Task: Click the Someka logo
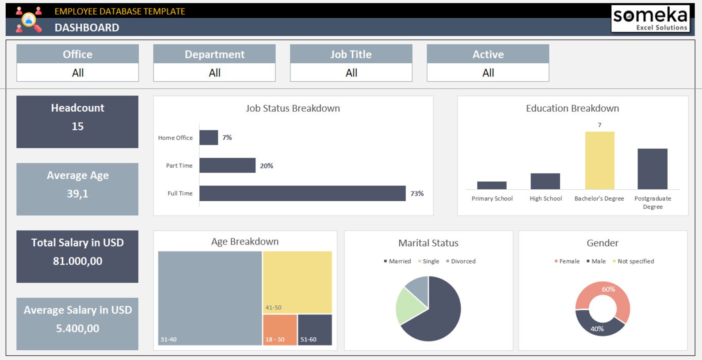coord(650,18)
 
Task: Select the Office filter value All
coord(78,73)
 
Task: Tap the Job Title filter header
coord(351,54)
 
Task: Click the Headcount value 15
coord(77,126)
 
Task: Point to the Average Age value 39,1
coord(77,194)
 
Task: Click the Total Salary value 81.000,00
coord(77,261)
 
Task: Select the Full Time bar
coord(302,193)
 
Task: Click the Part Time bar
coord(227,165)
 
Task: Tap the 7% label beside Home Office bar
coord(227,138)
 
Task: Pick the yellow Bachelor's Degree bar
coord(599,160)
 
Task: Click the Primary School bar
coord(492,185)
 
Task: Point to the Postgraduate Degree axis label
coord(652,203)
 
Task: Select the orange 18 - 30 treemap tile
coord(280,329)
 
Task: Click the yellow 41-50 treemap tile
coord(297,282)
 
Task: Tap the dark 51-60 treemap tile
coord(315,329)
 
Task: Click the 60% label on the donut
coord(608,289)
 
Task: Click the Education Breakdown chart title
coord(572,108)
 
